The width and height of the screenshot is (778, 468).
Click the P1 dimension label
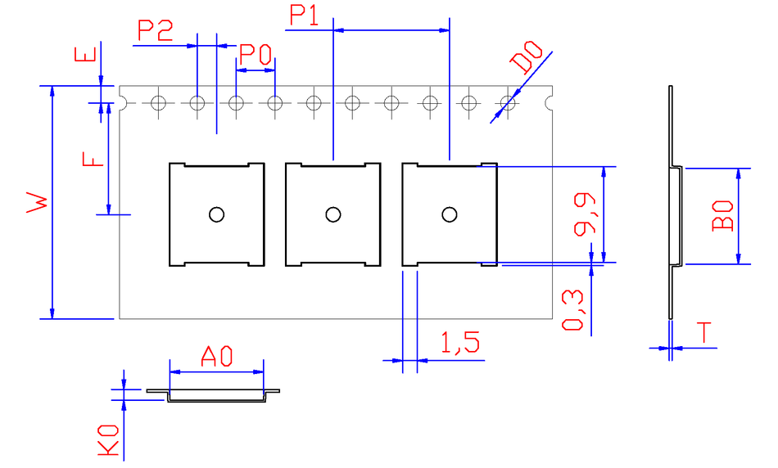[x=305, y=15]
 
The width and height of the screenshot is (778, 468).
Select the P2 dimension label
[x=155, y=31]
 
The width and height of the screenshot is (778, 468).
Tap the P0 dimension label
[x=255, y=56]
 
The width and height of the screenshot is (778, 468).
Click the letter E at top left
[x=86, y=55]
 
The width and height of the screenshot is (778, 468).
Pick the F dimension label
[x=95, y=155]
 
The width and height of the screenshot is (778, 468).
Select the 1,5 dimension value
[x=459, y=342]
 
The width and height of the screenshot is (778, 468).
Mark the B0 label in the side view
[x=722, y=215]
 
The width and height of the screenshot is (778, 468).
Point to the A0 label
[x=217, y=356]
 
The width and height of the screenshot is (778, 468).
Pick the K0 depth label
[x=109, y=440]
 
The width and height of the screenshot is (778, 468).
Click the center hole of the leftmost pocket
[x=216, y=214]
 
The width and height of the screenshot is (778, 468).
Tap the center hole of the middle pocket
[x=332, y=214]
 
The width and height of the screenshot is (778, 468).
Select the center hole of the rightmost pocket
[x=449, y=214]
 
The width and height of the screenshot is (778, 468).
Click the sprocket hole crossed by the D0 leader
[x=508, y=103]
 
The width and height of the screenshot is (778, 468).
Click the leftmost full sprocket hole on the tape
[x=158, y=103]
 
